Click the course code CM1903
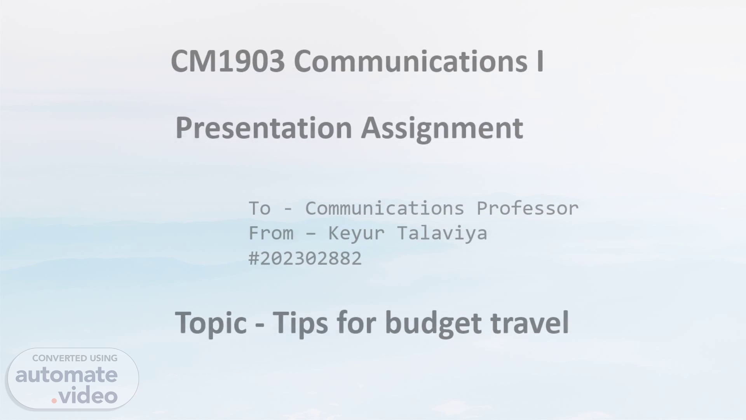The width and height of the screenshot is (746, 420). click(228, 61)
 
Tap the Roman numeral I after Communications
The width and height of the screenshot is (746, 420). click(540, 61)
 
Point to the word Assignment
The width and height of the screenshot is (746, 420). click(442, 128)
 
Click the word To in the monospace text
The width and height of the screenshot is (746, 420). click(260, 208)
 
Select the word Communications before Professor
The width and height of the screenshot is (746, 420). click(385, 208)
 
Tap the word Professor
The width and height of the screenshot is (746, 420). click(528, 208)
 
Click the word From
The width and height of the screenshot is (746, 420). click(271, 233)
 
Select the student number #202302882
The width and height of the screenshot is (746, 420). click(305, 259)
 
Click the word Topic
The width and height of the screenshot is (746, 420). click(211, 324)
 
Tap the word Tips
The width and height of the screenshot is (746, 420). click(300, 324)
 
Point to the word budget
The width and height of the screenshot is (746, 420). click(433, 324)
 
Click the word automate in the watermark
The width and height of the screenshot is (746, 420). click(66, 375)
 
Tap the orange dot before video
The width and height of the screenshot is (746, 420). click(54, 400)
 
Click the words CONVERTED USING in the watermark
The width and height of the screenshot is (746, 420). click(75, 358)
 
